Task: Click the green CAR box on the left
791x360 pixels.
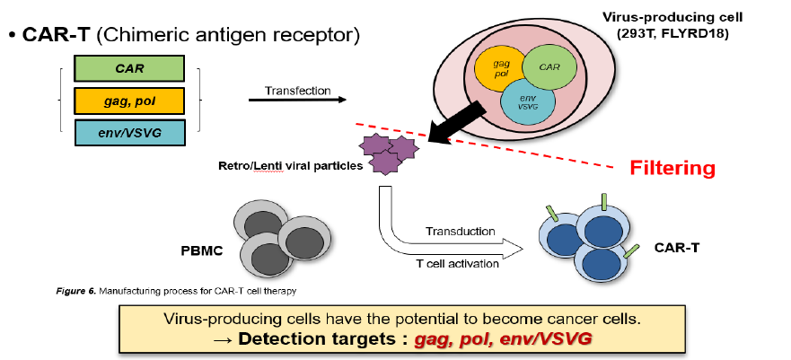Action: [x=129, y=68]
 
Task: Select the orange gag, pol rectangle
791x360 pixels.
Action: [x=129, y=100]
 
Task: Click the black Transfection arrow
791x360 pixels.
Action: [x=297, y=100]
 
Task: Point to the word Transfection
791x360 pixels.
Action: [x=297, y=90]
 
